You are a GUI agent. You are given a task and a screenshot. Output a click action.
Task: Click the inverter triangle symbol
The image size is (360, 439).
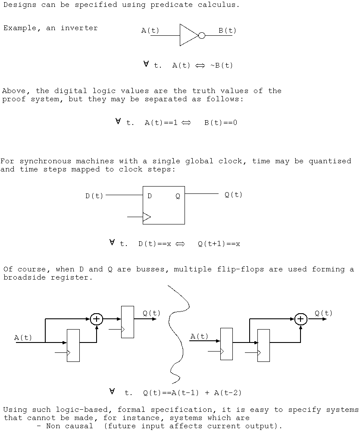coord(188,35)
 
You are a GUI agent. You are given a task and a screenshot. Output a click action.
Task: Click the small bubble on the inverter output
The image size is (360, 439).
coord(201,35)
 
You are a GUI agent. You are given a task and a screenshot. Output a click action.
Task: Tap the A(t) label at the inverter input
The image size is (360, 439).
coord(150,31)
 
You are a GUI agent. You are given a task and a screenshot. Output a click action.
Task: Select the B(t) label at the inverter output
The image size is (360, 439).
coord(227,31)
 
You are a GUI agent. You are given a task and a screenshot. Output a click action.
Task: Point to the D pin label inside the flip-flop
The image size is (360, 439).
coord(150,196)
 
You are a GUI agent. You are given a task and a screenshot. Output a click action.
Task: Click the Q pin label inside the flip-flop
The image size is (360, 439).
coord(178,196)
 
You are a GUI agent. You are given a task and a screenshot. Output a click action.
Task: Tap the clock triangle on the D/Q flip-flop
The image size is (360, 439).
coord(147,216)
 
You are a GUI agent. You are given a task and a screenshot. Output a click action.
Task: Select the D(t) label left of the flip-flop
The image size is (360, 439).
coord(94,196)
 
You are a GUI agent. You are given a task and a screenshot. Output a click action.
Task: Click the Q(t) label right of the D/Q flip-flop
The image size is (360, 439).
coord(234,195)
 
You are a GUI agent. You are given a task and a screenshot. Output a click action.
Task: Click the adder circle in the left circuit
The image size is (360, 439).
coord(97,319)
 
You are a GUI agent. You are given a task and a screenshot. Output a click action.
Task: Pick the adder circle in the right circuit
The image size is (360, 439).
coord(301,319)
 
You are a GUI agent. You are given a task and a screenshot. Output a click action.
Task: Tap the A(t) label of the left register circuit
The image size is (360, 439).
coord(23,338)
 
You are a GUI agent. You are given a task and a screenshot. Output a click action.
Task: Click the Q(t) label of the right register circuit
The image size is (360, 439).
coord(323,313)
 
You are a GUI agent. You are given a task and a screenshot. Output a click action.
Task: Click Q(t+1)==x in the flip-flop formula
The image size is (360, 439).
coord(219,244)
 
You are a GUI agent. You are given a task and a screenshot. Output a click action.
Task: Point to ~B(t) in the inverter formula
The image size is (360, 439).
coord(221,65)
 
